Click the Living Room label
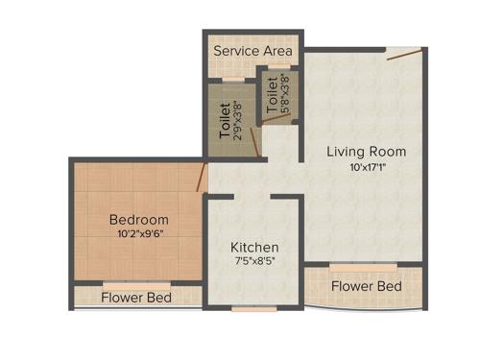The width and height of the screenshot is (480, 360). [366, 152]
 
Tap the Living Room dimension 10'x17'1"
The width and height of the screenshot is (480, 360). [366, 170]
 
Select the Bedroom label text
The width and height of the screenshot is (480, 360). [138, 219]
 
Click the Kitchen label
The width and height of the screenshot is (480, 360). [254, 247]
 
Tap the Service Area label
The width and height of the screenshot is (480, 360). [253, 50]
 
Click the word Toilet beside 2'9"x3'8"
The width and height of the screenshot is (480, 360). [226, 121]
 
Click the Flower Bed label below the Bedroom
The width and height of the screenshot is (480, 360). [136, 298]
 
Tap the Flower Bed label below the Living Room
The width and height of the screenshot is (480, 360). [366, 286]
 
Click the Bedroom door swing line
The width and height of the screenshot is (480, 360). [202, 177]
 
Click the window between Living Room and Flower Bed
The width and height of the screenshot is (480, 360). [363, 264]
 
